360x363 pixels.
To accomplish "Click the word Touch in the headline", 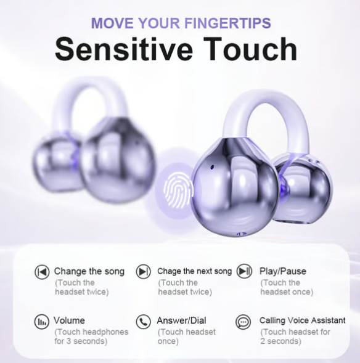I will [252, 49].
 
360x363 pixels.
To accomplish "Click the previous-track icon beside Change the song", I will [42, 272].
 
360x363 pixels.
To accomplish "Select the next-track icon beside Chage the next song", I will [144, 272].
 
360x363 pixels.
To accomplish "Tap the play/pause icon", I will [245, 272].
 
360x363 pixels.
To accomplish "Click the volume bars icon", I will [42, 322].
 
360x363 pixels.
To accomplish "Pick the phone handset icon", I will [144, 322].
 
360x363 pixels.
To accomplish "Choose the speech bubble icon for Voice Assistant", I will [243, 322].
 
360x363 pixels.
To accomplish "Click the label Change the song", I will [89, 271].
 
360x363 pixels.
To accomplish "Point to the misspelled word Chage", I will [168, 271].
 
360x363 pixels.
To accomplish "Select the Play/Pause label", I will [282, 271].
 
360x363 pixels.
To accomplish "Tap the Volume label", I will [70, 320].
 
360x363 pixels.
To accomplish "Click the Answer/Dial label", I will [182, 320].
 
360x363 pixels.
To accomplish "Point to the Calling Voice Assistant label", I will [302, 320].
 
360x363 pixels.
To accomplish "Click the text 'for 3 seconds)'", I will [81, 341].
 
